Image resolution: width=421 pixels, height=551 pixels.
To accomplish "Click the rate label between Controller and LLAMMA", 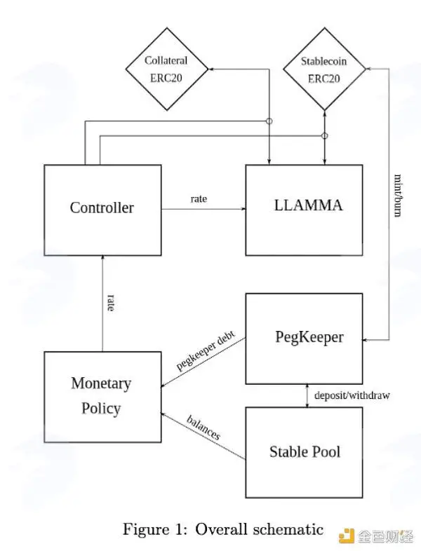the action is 199,199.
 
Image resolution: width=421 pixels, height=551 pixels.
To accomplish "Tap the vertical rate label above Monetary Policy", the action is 111,303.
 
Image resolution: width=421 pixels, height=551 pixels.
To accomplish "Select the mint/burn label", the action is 398,196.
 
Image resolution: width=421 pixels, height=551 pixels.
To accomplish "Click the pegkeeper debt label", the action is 206,350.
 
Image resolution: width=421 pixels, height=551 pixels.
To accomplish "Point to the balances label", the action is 203,428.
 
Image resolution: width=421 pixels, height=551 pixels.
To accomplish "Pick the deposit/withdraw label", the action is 352,395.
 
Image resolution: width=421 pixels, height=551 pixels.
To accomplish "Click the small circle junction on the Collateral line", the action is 269,121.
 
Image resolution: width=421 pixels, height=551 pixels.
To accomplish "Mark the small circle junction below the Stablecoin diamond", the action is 325,135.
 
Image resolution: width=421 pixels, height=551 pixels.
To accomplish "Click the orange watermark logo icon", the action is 347,536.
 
